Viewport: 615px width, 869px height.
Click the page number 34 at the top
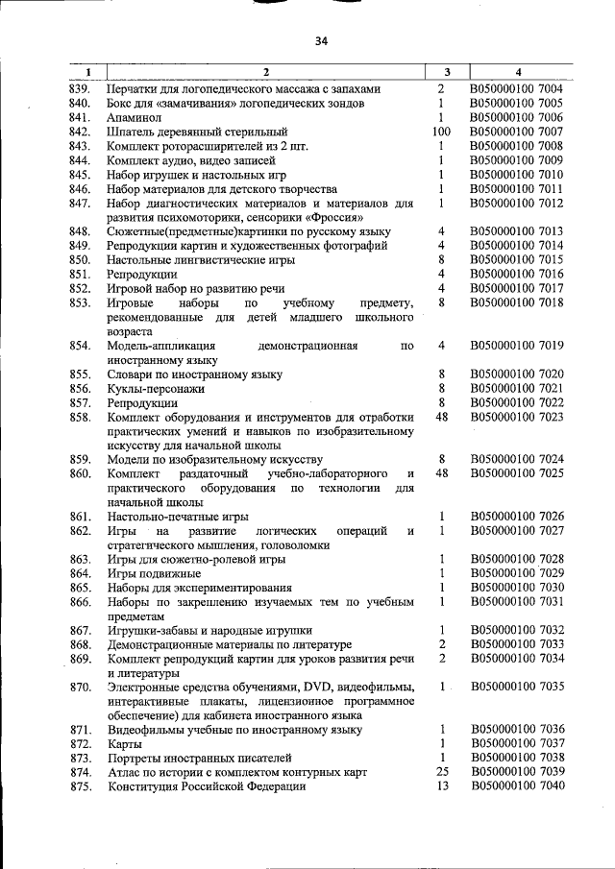321,41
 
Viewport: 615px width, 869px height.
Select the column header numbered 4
518,72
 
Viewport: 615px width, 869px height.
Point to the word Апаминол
135,117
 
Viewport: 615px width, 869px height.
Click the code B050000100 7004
517,88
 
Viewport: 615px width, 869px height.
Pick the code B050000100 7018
517,303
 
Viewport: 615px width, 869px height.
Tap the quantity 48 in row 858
442,418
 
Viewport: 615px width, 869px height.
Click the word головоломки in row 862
294,545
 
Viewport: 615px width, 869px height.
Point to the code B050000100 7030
517,588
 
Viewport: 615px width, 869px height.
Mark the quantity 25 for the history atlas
442,773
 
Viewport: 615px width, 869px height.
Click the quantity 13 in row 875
442,787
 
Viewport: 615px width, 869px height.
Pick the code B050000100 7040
517,787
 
